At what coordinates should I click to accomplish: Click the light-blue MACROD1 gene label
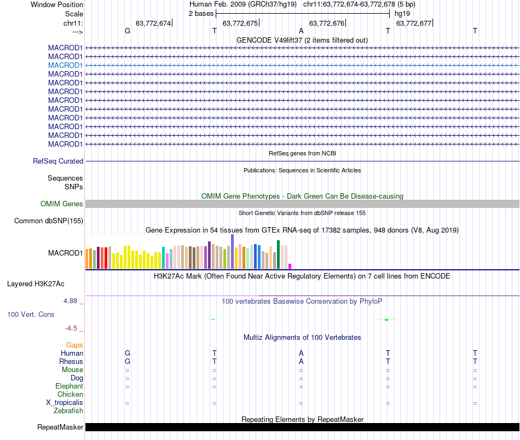tap(65, 65)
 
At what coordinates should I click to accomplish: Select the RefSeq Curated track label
tap(58, 161)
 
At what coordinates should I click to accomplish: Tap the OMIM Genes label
tap(61, 204)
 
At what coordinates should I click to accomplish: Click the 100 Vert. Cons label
tap(31, 315)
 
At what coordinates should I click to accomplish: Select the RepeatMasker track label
tap(60, 427)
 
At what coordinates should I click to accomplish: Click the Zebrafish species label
tap(68, 410)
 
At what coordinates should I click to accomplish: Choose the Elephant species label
tap(69, 386)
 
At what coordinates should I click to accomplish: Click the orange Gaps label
tap(74, 345)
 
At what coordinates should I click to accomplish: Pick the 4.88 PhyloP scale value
tap(72, 301)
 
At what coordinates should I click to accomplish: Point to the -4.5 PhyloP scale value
tap(72, 328)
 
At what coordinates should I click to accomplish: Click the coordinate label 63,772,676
tap(327, 23)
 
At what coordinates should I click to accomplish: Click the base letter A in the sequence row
tap(301, 31)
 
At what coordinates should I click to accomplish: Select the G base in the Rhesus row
tap(128, 361)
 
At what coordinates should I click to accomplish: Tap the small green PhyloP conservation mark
tap(386, 320)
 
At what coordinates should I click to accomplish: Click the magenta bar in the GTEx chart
tap(290, 266)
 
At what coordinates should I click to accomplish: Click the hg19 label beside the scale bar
tap(402, 13)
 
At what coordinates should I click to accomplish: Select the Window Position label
tap(57, 4)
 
